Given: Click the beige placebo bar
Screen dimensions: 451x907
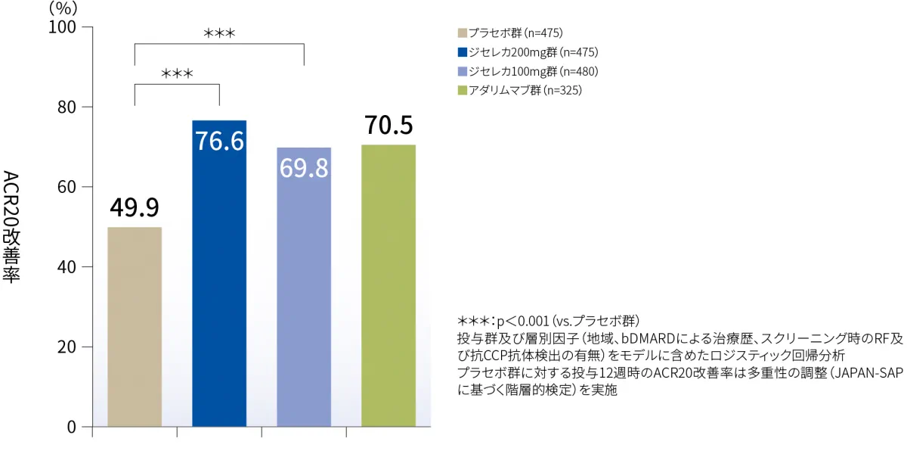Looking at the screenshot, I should tap(135, 327).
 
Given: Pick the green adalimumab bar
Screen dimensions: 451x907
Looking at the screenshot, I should tap(388, 286).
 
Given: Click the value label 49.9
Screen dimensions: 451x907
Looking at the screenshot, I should tap(135, 207).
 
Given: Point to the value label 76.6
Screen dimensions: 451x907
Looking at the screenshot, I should tap(219, 141).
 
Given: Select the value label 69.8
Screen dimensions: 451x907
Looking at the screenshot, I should tap(304, 168).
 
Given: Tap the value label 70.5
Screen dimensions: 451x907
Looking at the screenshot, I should tap(388, 125).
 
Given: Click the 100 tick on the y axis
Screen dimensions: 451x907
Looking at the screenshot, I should tap(63, 27).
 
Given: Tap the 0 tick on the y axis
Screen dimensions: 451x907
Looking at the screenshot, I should tap(72, 427).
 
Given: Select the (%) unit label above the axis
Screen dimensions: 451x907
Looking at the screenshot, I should tap(63, 8).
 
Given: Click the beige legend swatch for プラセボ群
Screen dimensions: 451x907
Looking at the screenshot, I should tap(462, 33).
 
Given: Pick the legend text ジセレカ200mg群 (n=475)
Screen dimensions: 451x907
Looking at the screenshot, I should tap(522, 52).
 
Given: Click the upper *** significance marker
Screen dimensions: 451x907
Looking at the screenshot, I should tap(219, 33).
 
